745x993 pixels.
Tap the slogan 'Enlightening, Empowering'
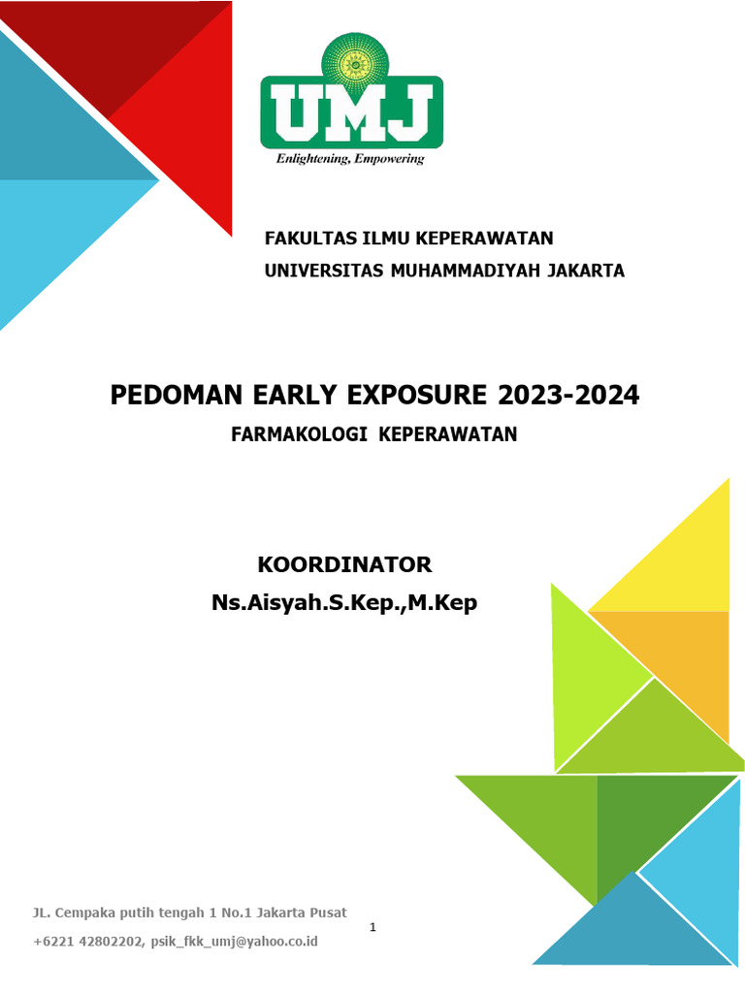350,159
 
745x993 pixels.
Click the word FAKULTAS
309,239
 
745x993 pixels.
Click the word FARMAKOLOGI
299,434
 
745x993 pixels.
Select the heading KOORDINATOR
344,564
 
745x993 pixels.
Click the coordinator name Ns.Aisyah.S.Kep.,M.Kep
344,603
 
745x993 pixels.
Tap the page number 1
372,928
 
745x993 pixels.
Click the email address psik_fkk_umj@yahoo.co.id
235,942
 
